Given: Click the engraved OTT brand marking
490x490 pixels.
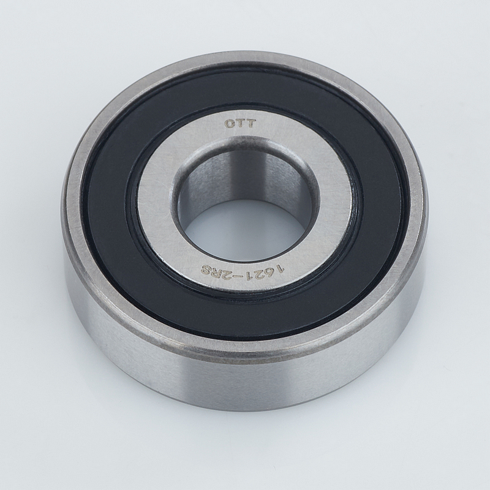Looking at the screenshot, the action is [239, 124].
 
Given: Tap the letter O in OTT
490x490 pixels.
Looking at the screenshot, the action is [229, 124].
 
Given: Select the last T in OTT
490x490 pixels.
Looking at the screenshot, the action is [251, 124].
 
